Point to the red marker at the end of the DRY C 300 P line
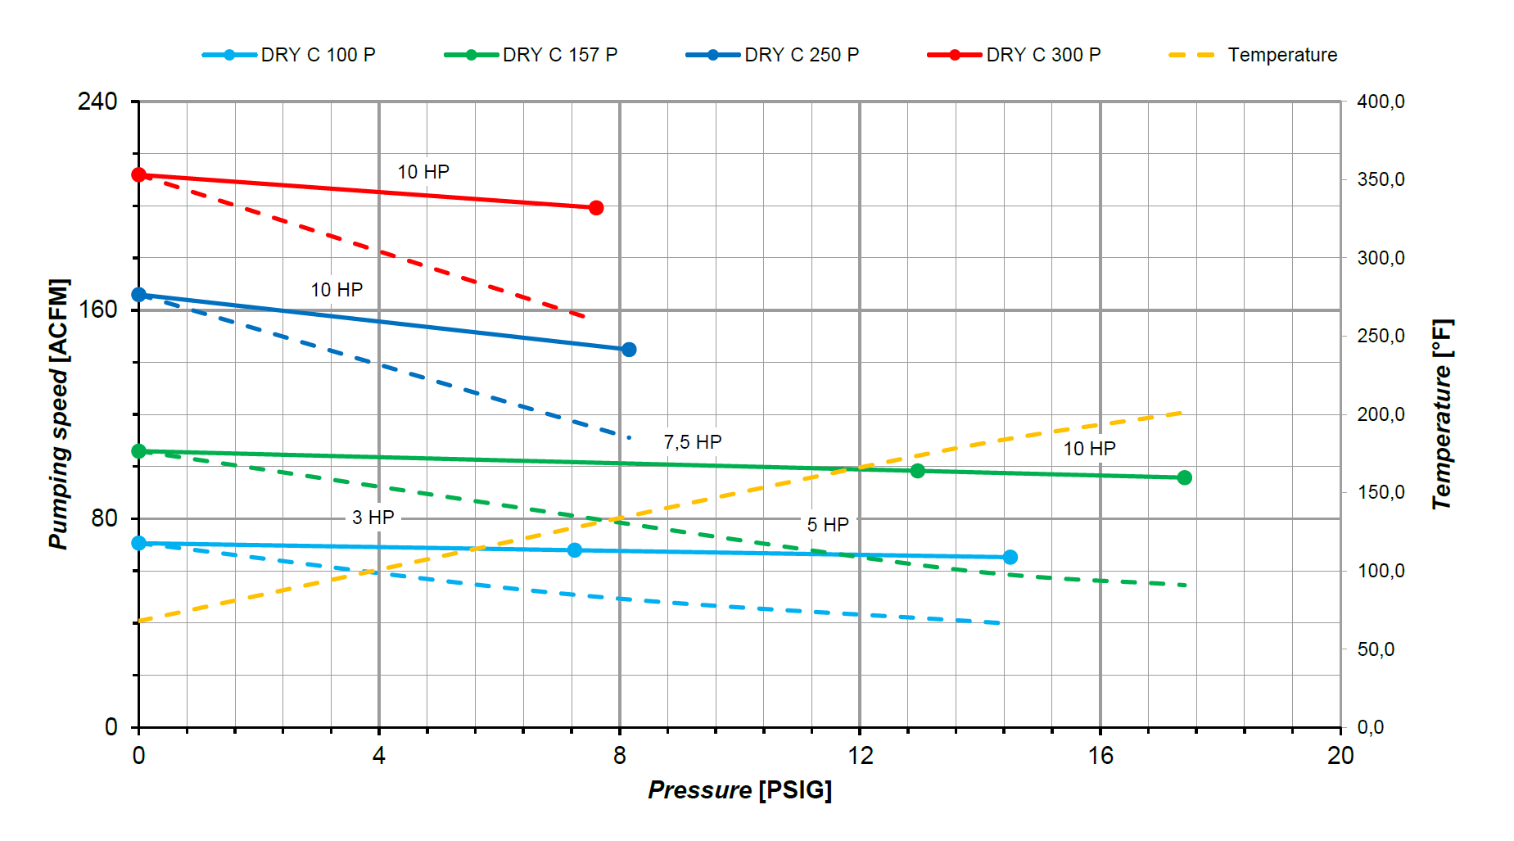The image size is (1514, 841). pos(596,208)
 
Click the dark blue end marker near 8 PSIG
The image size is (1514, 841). pos(629,350)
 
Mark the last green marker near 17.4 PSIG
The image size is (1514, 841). pos(1184,477)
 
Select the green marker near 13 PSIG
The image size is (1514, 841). pos(918,471)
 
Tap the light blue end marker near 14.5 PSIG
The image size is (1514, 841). pos(1010,557)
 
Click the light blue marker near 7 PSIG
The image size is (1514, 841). pos(575,550)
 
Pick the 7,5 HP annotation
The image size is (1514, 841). pos(693,442)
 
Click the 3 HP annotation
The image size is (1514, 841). pos(373,518)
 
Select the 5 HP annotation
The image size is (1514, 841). pos(828,525)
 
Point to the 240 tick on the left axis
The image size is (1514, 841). pos(97,102)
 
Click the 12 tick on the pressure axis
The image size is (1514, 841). pos(860,755)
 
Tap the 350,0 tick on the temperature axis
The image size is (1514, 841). pos(1381,179)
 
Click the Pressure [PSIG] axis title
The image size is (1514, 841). pos(739,790)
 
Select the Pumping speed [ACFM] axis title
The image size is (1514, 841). pos(59,414)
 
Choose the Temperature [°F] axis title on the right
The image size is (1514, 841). pos(1442,414)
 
